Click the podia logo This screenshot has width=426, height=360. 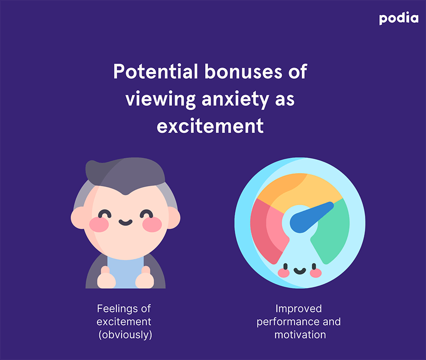pyautogui.click(x=399, y=19)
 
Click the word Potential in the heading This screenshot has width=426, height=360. pyautogui.click(x=155, y=72)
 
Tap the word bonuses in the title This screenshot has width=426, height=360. pyautogui.click(x=243, y=72)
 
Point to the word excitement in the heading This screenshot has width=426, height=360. pyautogui.click(x=210, y=126)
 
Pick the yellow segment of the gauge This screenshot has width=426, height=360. pyautogui.click(x=299, y=190)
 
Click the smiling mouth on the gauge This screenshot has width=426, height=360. pyautogui.click(x=300, y=271)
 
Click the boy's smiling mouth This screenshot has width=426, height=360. pyautogui.click(x=125, y=223)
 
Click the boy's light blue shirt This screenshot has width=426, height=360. pyautogui.click(x=125, y=272)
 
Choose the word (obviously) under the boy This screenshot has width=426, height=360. pyautogui.click(x=125, y=335)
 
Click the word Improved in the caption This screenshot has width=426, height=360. pyautogui.click(x=299, y=309)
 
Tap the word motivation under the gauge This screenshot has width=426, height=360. pyautogui.click(x=300, y=335)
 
